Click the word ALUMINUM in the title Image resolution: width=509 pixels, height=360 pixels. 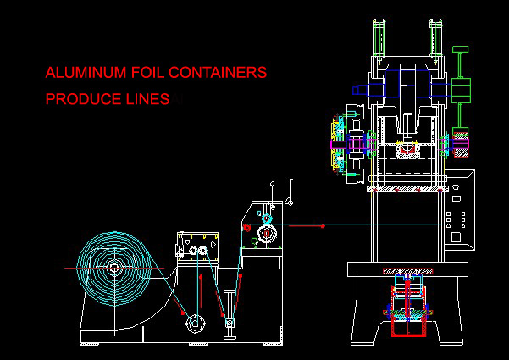(86, 72)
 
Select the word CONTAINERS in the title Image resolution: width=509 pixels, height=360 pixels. (218, 72)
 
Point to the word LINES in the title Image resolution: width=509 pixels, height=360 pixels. (147, 99)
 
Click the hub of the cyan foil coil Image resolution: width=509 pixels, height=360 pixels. (114, 269)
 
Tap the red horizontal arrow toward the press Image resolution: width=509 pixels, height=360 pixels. (307, 225)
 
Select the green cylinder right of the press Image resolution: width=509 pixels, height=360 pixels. (461, 91)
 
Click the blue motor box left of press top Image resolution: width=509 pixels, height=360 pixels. (360, 90)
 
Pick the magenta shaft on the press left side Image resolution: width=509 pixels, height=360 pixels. (339, 145)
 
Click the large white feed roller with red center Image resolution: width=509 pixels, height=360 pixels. (267, 234)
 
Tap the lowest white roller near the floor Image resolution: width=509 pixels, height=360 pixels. (195, 324)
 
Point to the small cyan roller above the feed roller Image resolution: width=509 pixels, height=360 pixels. (267, 218)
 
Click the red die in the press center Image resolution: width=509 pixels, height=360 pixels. (407, 148)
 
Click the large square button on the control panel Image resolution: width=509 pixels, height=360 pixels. (456, 237)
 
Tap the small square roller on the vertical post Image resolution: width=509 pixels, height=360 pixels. (230, 323)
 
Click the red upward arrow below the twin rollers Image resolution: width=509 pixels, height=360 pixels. (201, 291)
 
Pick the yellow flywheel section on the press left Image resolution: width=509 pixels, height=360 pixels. (334, 145)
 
